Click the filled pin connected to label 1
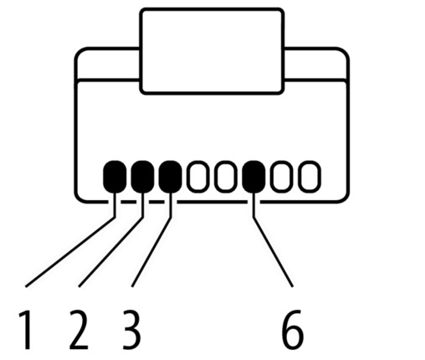[115, 177]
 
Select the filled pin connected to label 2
[142, 177]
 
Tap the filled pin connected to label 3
[171, 177]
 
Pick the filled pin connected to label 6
[253, 177]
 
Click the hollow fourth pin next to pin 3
[198, 177]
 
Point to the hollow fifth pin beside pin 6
[226, 177]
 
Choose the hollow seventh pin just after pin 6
[281, 177]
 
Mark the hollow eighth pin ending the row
[310, 177]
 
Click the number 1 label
[25, 330]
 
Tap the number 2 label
[79, 330]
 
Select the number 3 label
[131, 330]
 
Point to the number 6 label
[292, 330]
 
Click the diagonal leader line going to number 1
[70, 252]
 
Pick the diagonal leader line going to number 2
[110, 252]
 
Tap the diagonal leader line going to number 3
[151, 252]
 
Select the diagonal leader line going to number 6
[273, 252]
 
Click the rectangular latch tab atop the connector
[212, 51]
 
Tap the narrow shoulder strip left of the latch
[108, 64]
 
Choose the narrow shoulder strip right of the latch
[315, 64]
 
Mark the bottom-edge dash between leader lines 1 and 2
[129, 202]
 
